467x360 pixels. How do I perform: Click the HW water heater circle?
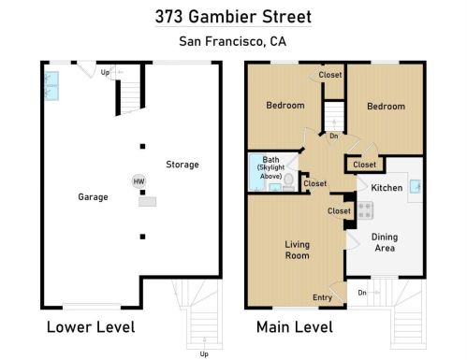pyautogui.click(x=139, y=181)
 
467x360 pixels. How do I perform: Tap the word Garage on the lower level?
pyautogui.click(x=93, y=197)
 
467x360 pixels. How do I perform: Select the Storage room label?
pyautogui.click(x=182, y=165)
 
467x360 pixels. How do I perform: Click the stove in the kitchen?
pyautogui.click(x=365, y=210)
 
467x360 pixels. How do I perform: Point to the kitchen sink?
pyautogui.click(x=415, y=186)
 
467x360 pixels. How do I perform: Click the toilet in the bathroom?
pyautogui.click(x=288, y=182)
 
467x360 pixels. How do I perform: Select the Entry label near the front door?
pyautogui.click(x=322, y=297)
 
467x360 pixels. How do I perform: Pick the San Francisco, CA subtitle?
pyautogui.click(x=233, y=41)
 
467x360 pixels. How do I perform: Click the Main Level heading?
pyautogui.click(x=295, y=327)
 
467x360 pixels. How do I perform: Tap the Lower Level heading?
pyautogui.click(x=91, y=327)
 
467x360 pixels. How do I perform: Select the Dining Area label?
pyautogui.click(x=385, y=242)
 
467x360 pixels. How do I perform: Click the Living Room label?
pyautogui.click(x=297, y=250)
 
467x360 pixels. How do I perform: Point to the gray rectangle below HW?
pyautogui.click(x=148, y=202)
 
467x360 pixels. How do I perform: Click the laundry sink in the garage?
pyautogui.click(x=51, y=86)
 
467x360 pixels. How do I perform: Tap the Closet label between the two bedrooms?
pyautogui.click(x=330, y=75)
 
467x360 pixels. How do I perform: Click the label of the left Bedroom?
pyautogui.click(x=285, y=106)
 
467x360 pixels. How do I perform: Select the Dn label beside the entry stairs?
pyautogui.click(x=362, y=293)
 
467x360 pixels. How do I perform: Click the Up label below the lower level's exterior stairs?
pyautogui.click(x=204, y=354)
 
